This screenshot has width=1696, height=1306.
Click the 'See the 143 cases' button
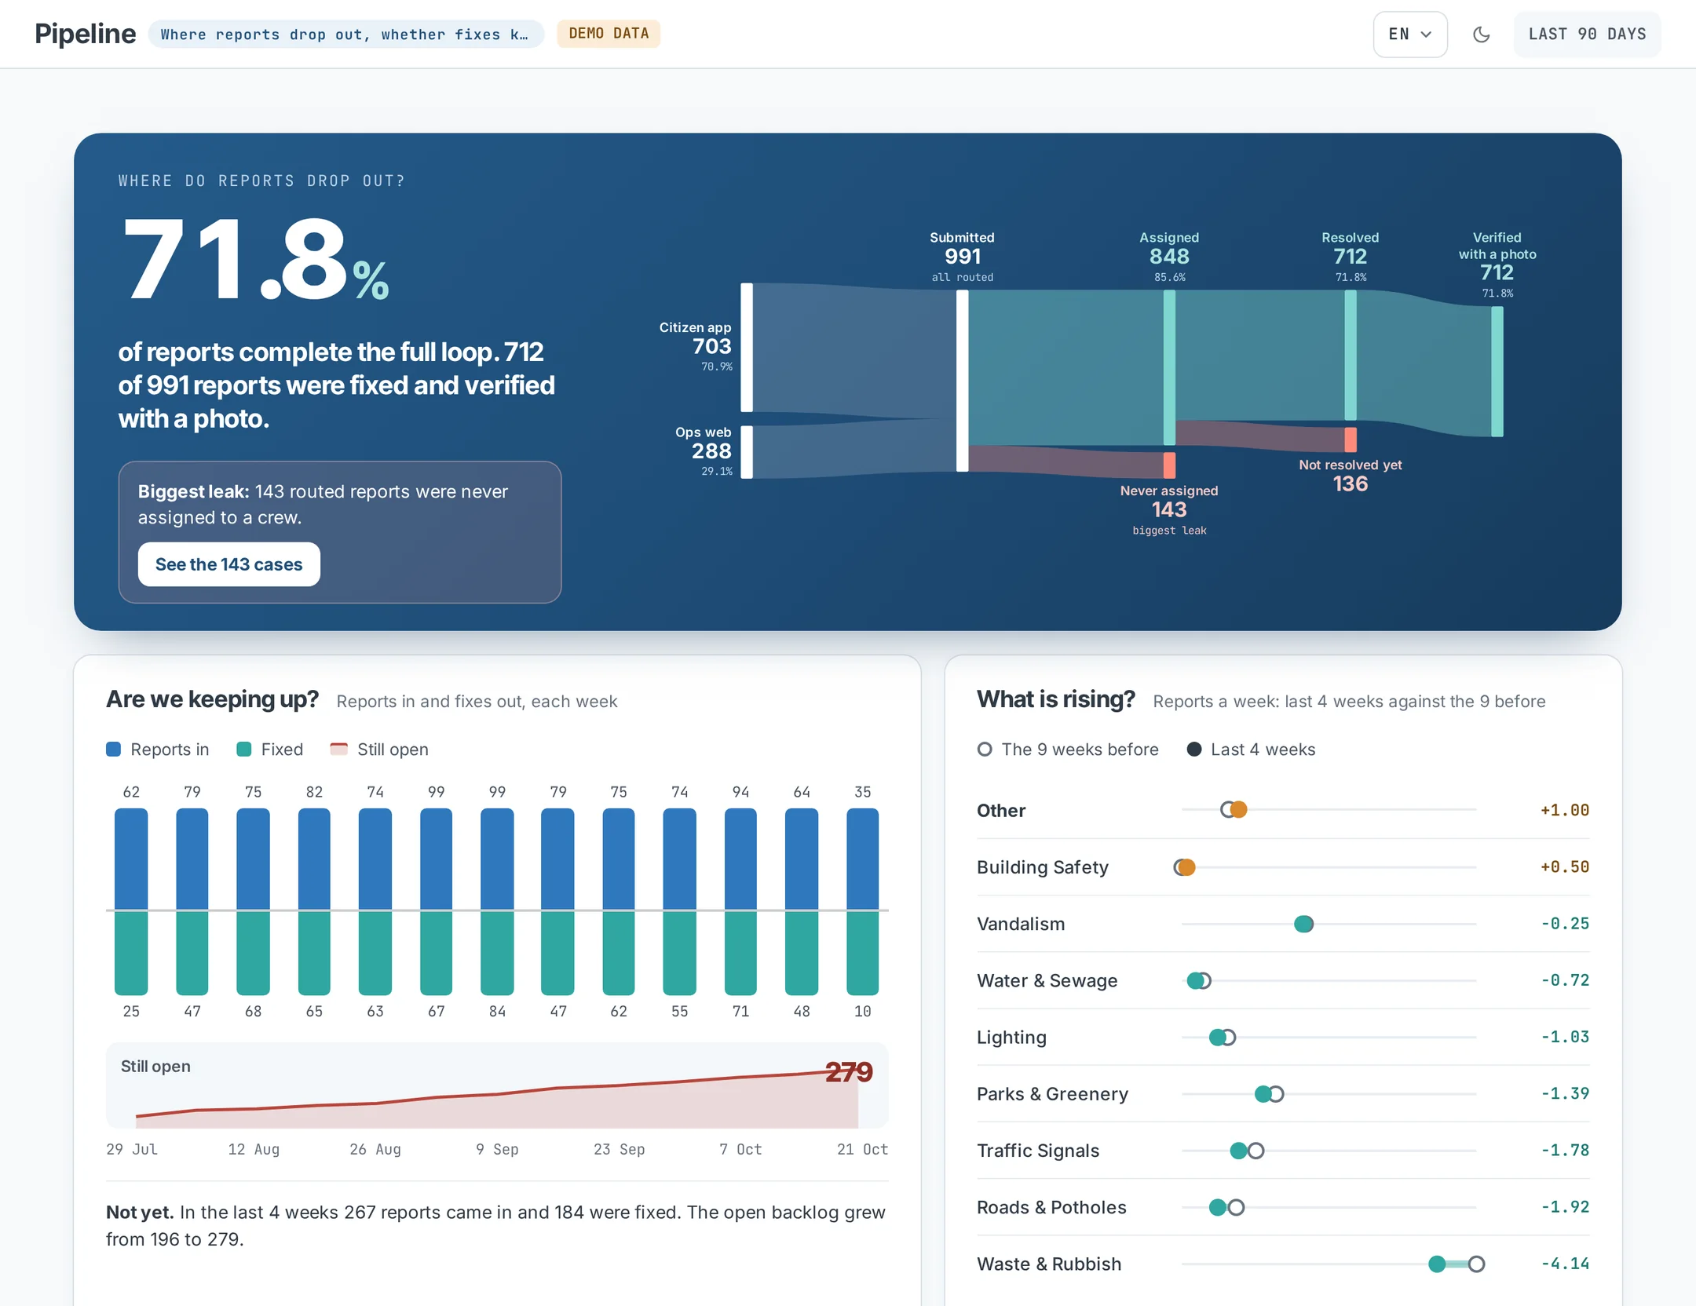coord(228,564)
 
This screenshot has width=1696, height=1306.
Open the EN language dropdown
coord(1409,35)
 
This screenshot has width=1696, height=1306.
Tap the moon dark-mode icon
coord(1481,35)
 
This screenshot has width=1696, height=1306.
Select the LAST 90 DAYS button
coord(1587,35)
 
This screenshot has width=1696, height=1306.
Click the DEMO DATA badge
coord(609,34)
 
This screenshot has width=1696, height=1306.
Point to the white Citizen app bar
coord(747,347)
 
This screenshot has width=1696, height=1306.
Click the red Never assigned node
coord(1169,465)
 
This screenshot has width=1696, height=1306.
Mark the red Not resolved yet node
coord(1351,440)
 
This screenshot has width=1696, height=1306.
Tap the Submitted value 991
coord(963,257)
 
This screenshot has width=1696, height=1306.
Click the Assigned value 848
coord(1169,257)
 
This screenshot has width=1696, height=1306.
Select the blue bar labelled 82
coord(314,859)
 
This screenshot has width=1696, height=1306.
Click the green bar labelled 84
coord(497,953)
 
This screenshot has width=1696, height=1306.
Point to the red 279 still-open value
coord(849,1071)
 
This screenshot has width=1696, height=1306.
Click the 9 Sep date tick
coord(497,1149)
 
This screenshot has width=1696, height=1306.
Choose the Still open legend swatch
coord(338,749)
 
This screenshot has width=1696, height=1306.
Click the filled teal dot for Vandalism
coord(1303,924)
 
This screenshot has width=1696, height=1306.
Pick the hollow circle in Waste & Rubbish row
coord(1476,1264)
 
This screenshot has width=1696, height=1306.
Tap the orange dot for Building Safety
coord(1186,867)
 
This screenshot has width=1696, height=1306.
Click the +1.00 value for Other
coord(1565,810)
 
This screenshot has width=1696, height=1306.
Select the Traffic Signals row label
coord(1038,1151)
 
